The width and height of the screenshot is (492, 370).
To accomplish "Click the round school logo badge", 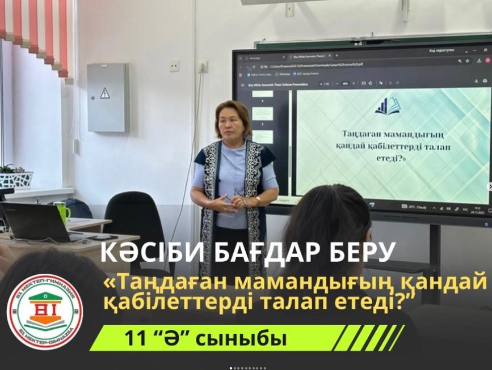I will (45, 312).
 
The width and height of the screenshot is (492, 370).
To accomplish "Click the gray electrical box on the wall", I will (108, 97).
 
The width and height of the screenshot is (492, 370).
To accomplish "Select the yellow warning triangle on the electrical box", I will (105, 93).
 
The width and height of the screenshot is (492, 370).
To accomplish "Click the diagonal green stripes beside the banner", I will (368, 338).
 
